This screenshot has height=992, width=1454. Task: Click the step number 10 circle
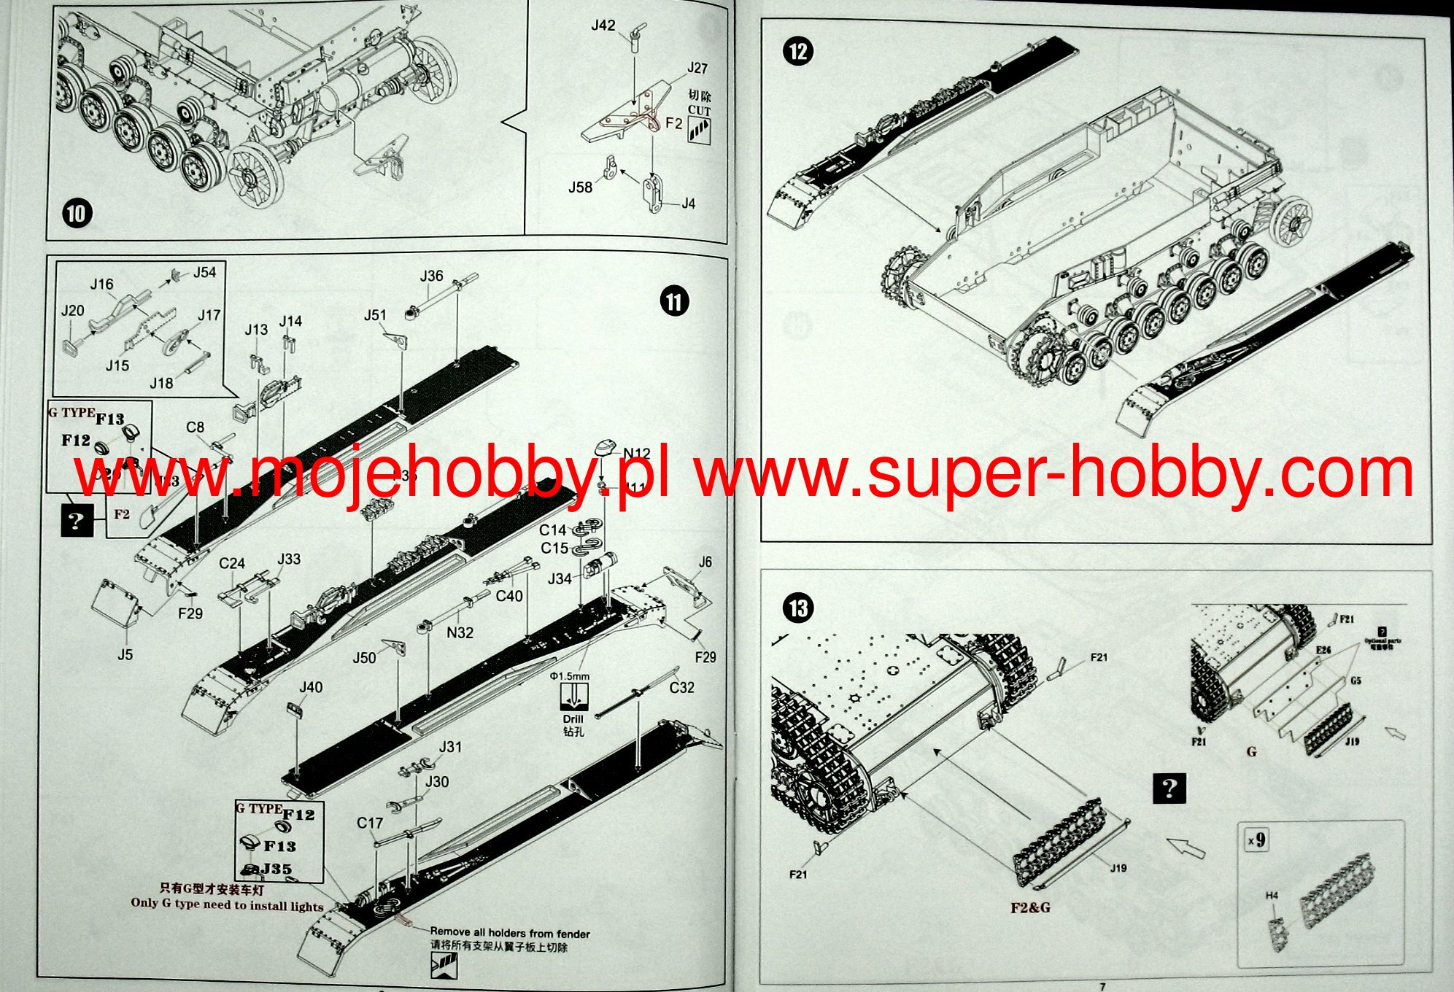[x=77, y=214]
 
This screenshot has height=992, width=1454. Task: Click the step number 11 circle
[x=674, y=302]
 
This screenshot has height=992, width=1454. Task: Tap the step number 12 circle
[x=798, y=51]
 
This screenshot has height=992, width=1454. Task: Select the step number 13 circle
[x=798, y=608]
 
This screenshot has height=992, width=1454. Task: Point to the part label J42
[x=603, y=26]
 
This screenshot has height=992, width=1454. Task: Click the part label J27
[x=697, y=68]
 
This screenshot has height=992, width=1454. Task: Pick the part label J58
[x=581, y=187]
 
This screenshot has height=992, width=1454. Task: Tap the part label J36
[x=431, y=276]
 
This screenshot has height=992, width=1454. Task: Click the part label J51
[x=375, y=315]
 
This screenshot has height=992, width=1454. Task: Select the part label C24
[x=232, y=563]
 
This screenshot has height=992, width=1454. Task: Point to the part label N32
[x=460, y=633]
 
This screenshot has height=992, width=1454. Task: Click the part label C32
[x=681, y=687]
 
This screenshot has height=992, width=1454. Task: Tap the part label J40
[x=311, y=687]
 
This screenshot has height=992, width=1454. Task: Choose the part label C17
[x=370, y=823]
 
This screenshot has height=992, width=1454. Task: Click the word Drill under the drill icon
[x=573, y=719]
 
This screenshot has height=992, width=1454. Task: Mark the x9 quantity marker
[x=1256, y=840]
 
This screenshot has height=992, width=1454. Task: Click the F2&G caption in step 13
[x=1030, y=908]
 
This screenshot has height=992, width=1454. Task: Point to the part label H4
[x=1272, y=896]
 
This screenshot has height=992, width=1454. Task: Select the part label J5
[x=125, y=655]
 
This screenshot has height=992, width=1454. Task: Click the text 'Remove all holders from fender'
[x=510, y=932]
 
